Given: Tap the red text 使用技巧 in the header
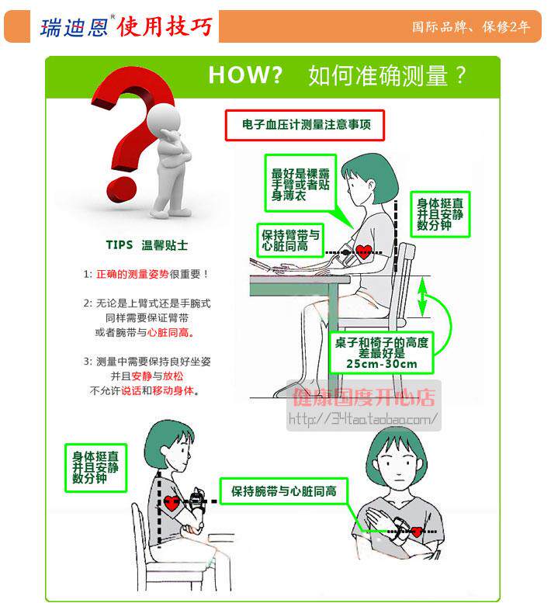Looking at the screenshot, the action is [165, 27].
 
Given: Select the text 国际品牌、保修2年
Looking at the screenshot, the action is [471, 26].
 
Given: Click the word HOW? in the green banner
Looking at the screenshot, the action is [245, 75].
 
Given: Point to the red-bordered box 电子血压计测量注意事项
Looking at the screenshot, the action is [304, 126].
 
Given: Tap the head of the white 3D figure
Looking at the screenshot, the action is [164, 119].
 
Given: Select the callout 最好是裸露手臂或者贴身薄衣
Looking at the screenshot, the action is [300, 184].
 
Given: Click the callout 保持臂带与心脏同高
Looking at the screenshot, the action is [290, 241].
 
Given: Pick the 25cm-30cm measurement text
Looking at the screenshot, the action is [382, 364].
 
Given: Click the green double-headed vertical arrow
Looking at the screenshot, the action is [423, 297].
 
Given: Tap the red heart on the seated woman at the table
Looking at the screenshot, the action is [363, 252].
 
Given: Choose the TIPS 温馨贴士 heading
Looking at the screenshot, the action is [147, 245].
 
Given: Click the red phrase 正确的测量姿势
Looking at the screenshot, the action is [132, 274].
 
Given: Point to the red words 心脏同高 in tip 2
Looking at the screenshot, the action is [168, 332].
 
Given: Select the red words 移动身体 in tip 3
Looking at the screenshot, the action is [173, 390].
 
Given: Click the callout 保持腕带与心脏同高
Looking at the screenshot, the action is [284, 491].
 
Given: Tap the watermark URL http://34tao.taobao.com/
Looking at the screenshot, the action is [363, 418].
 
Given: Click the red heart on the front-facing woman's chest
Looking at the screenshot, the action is [417, 532].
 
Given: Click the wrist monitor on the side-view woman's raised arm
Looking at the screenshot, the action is [197, 499].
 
